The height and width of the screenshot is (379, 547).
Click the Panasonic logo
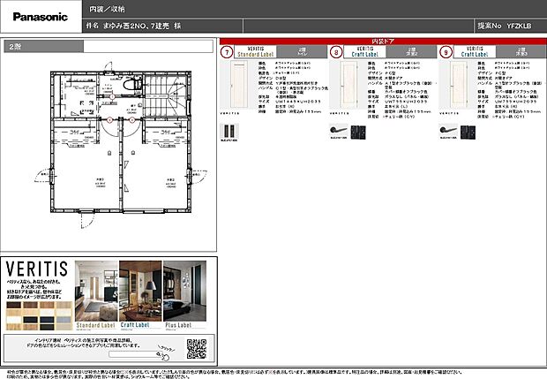(x=36, y=16)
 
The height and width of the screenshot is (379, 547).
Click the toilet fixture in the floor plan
(x=131, y=84)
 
